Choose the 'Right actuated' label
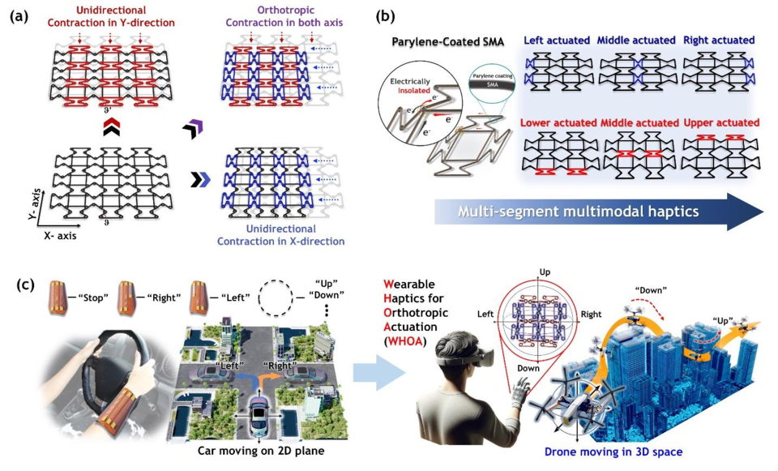point(719,40)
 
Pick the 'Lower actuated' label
point(557,122)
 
